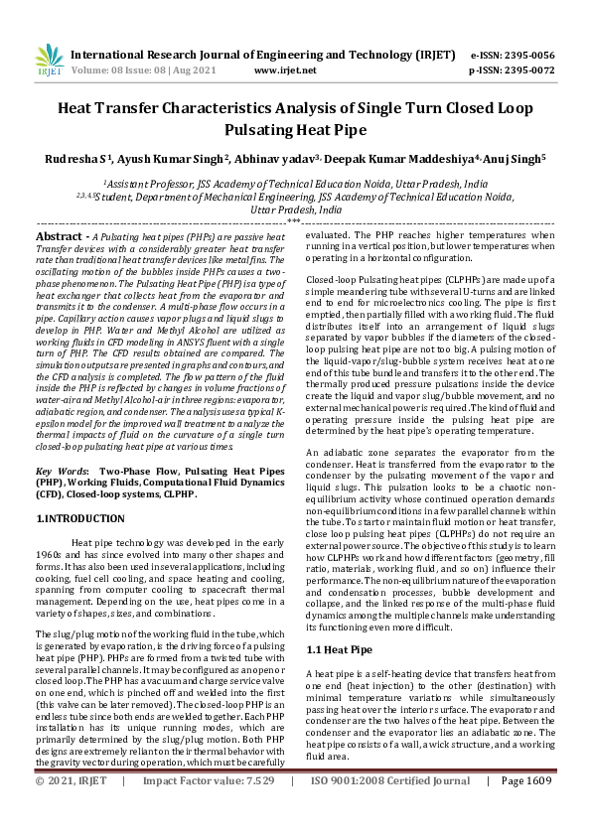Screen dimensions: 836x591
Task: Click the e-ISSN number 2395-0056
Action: [531, 56]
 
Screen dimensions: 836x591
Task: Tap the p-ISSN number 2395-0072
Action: [531, 71]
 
